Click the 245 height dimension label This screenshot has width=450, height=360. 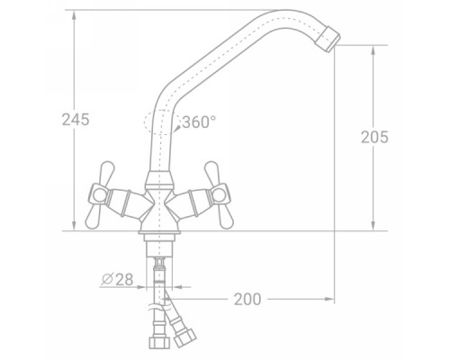coord(76,120)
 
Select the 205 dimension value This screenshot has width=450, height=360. coord(374,137)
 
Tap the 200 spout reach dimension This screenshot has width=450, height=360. coord(247,299)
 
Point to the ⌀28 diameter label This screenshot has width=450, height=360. coord(117,280)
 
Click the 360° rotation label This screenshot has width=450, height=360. coord(199,122)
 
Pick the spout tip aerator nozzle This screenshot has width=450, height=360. coord(328,40)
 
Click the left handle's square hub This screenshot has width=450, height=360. coord(98,195)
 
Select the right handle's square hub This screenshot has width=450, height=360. coord(220,194)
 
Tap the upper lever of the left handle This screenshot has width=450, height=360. coord(106,173)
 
